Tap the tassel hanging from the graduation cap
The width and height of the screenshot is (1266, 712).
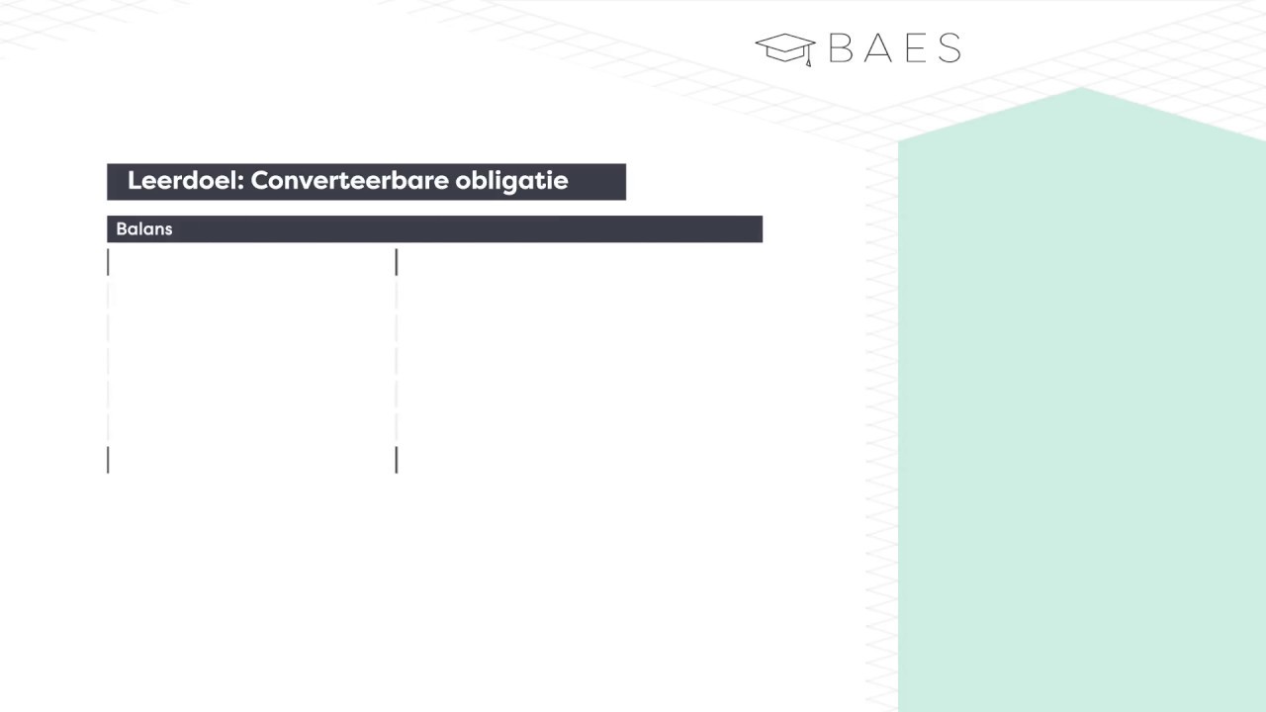(x=808, y=59)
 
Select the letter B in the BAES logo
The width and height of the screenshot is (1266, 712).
(x=840, y=48)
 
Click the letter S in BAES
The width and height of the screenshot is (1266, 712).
(x=949, y=48)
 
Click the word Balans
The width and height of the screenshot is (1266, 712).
(x=144, y=229)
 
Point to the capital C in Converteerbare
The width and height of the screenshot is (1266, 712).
(x=260, y=181)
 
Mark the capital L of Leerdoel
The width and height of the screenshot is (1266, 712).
(x=135, y=181)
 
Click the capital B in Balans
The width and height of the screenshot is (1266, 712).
(x=122, y=229)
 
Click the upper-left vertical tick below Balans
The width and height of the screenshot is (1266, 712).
(x=108, y=262)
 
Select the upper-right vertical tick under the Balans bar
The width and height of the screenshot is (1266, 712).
(x=397, y=262)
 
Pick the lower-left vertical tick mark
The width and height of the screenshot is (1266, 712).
(x=108, y=460)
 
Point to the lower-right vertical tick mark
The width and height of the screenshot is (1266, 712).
(x=397, y=460)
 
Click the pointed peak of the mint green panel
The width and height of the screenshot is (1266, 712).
(x=1081, y=89)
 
